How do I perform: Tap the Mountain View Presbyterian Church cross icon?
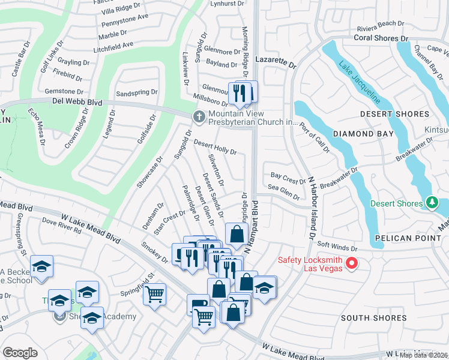click(199, 116)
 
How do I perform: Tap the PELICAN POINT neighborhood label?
click(405, 238)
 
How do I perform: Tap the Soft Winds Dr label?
click(337, 245)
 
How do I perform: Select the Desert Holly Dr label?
click(215, 147)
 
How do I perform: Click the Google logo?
click(20, 353)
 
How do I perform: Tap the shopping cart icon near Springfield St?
click(154, 295)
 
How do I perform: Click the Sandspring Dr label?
click(136, 93)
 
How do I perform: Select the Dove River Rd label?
click(61, 228)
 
